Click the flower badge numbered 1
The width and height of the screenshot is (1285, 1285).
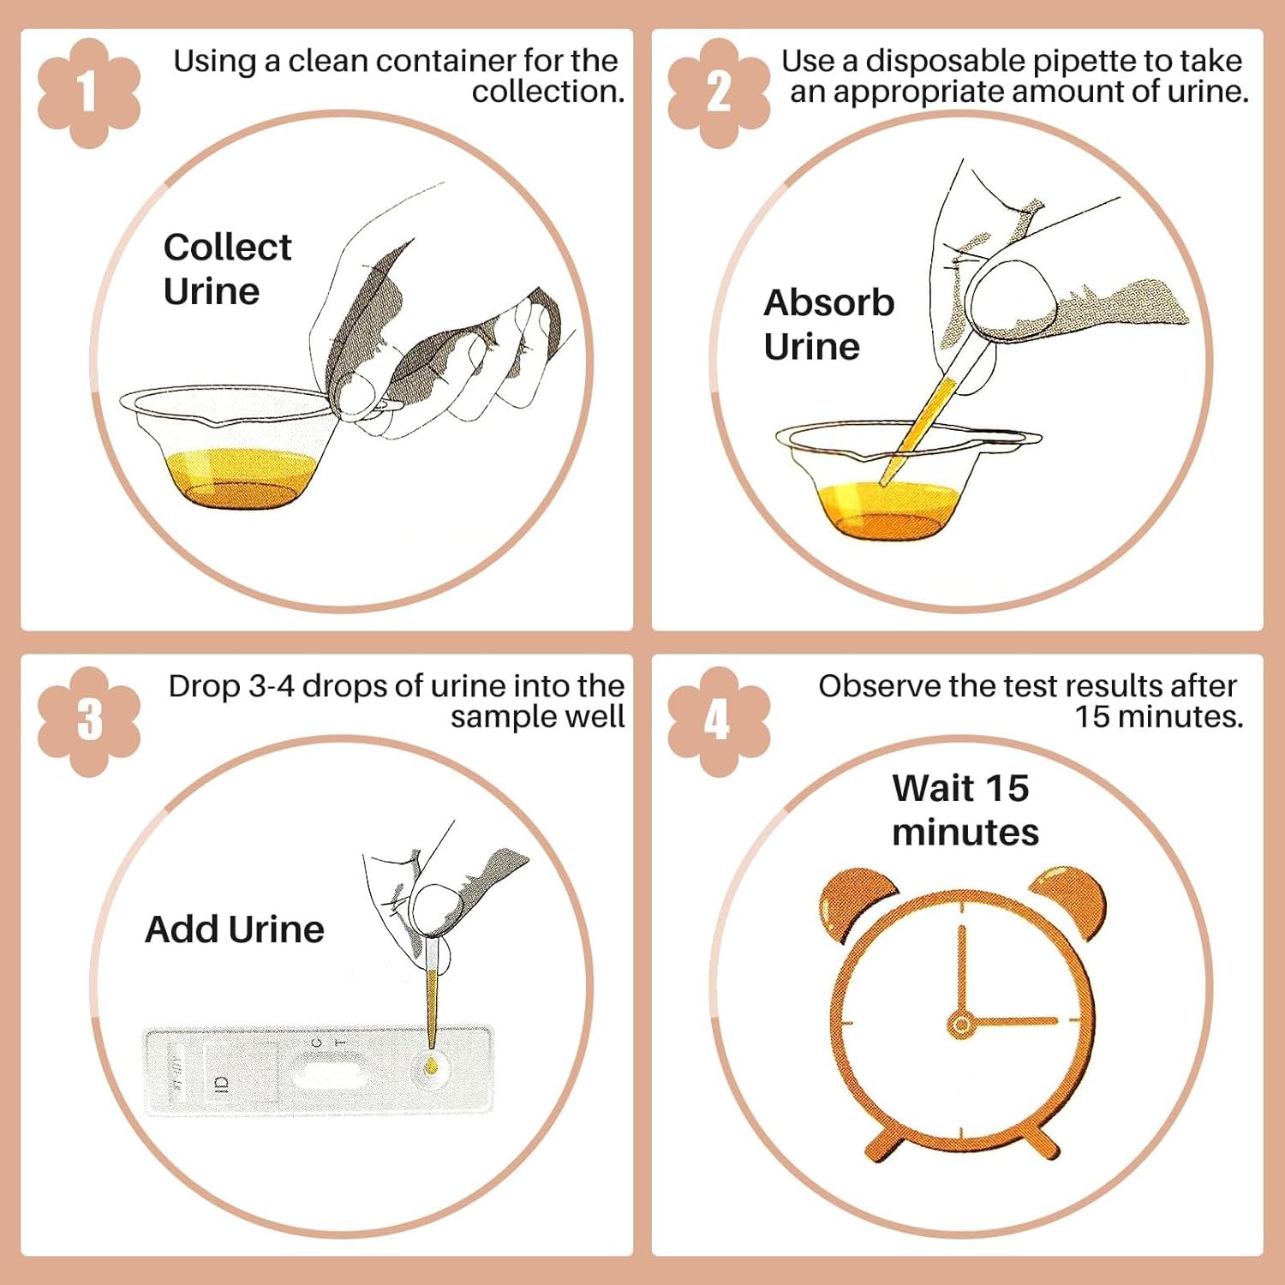[x=88, y=93]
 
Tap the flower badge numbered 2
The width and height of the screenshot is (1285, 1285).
[x=719, y=93]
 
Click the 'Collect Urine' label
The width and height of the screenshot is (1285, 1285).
[x=227, y=269]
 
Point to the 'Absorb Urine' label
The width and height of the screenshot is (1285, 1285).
[x=828, y=325]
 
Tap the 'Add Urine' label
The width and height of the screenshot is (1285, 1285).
[x=235, y=929]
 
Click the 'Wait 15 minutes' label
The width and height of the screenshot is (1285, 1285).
[x=965, y=810]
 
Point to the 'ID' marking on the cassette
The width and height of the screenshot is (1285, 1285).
[x=222, y=1085]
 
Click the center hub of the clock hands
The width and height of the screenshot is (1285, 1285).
[x=962, y=1024]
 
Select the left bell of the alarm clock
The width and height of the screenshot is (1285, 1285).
[x=858, y=904]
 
